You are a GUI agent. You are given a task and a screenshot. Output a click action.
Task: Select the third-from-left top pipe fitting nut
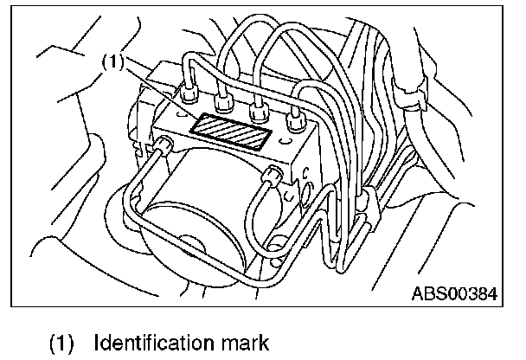click(256, 112)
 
